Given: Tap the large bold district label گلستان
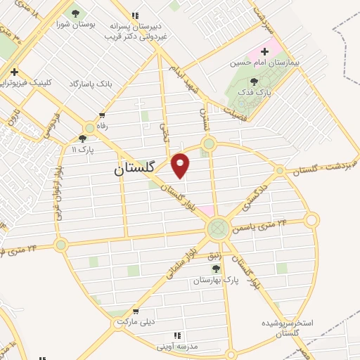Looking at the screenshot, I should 138,170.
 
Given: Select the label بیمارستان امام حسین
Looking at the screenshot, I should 264,63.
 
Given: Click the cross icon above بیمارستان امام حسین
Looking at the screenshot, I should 264,51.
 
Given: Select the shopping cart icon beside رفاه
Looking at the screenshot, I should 103,115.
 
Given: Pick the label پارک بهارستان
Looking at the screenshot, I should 217,280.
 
